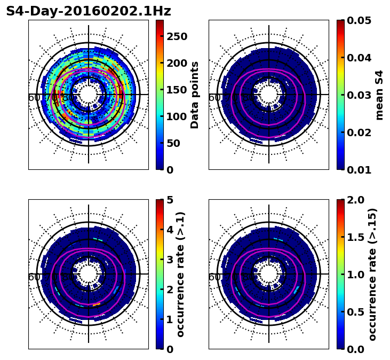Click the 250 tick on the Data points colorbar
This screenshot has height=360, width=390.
pos(177,36)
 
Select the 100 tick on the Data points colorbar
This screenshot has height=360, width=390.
pos(177,116)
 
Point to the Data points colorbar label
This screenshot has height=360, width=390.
pos(195,95)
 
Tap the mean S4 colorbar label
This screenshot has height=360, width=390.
pos(379,95)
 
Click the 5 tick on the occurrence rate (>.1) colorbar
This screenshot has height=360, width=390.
pos(170,200)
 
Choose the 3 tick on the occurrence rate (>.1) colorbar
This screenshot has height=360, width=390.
pos(170,260)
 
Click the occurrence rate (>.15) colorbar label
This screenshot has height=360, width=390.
pos(372,274)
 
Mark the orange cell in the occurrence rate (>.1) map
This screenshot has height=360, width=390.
pos(96,305)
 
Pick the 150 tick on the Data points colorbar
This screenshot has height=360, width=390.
pos(177,90)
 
